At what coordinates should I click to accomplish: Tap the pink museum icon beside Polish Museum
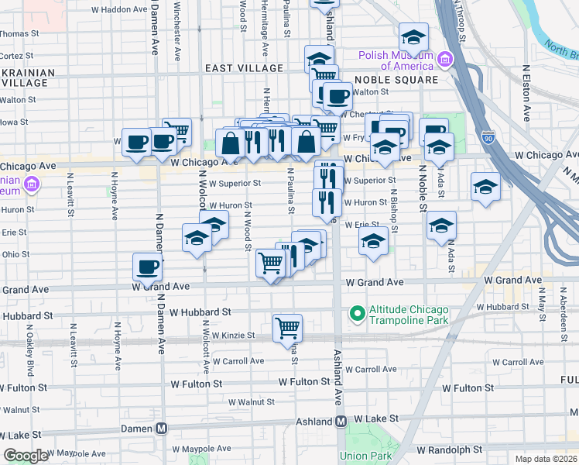point(445,60)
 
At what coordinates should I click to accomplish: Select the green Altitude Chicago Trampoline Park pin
point(357,314)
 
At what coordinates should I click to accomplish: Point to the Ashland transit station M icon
point(341,422)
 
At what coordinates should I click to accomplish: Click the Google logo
point(26,456)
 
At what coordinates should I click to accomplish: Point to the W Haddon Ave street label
point(118,10)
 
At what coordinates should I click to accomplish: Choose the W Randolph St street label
point(449,449)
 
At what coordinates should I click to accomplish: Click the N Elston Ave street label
point(526,92)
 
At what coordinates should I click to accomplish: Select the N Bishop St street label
point(394,211)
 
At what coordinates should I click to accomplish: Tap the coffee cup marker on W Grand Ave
point(147,267)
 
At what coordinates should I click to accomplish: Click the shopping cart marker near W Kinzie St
point(287,328)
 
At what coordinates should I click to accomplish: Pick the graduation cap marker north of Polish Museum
point(413,36)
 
